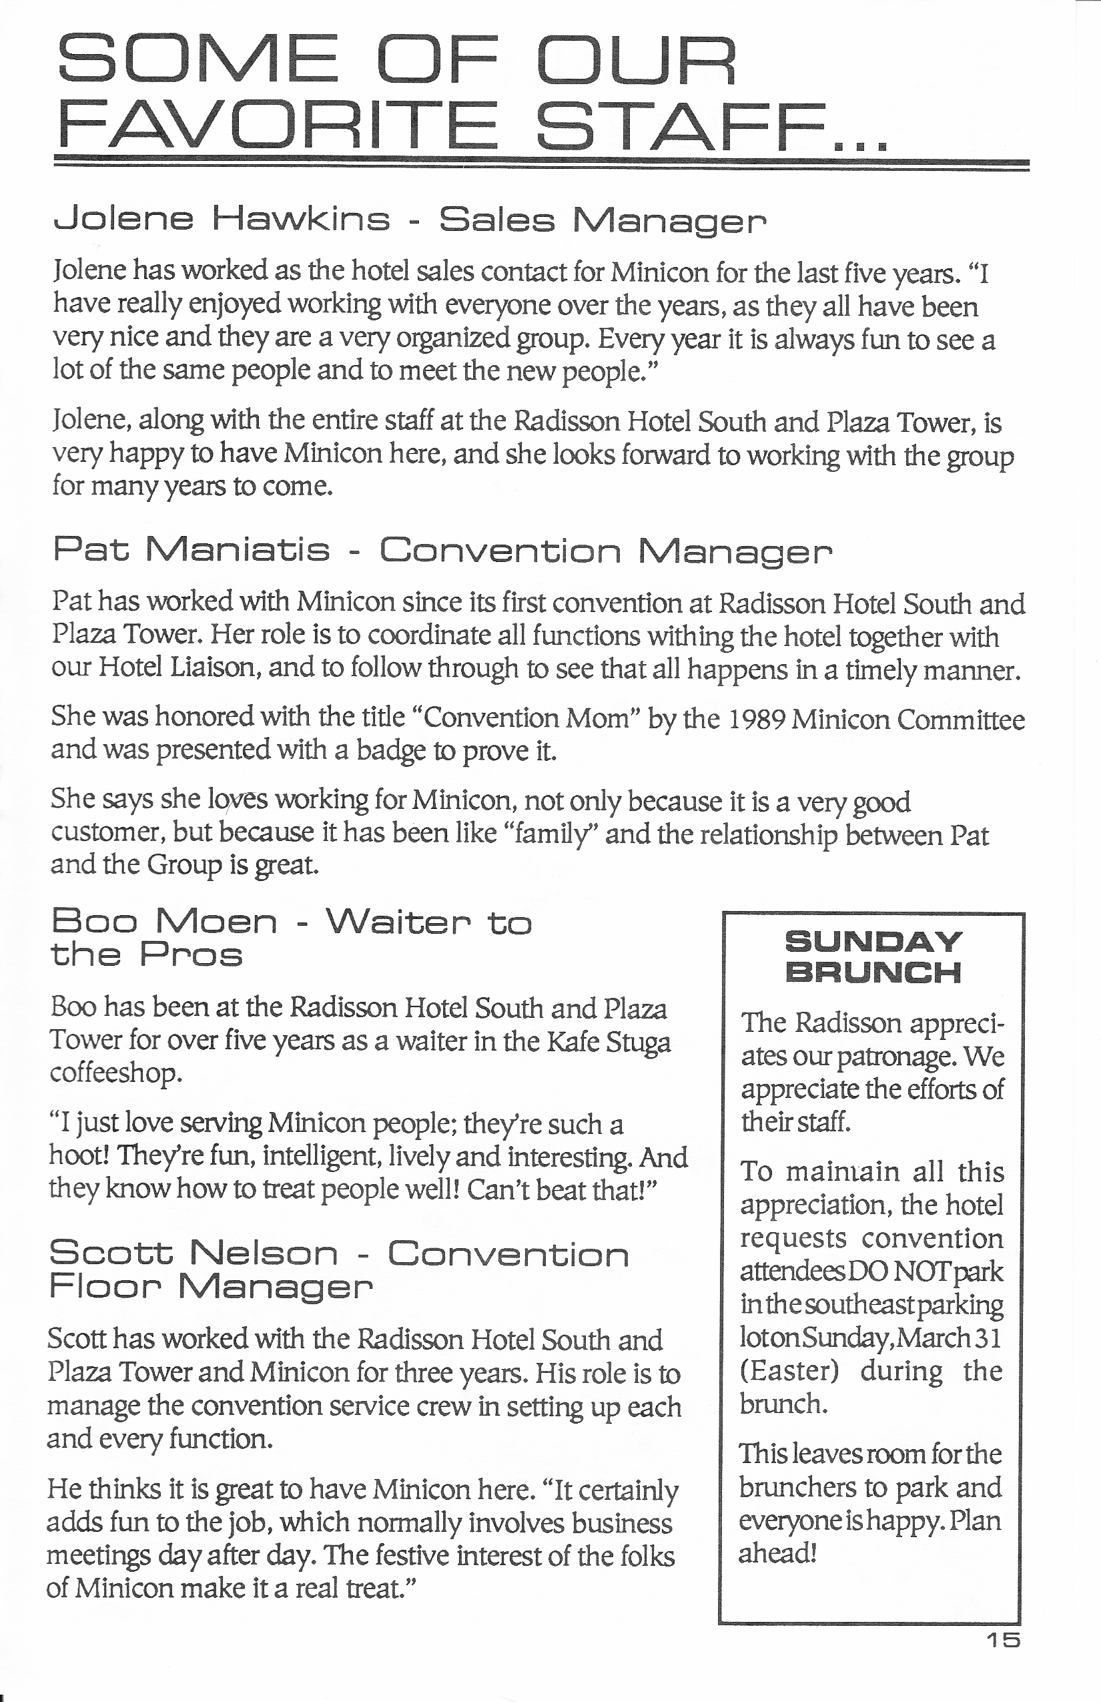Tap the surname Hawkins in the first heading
point(301,220)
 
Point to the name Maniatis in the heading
point(238,551)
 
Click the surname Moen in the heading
point(216,922)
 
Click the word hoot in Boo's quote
point(78,1155)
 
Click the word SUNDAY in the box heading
point(873,941)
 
